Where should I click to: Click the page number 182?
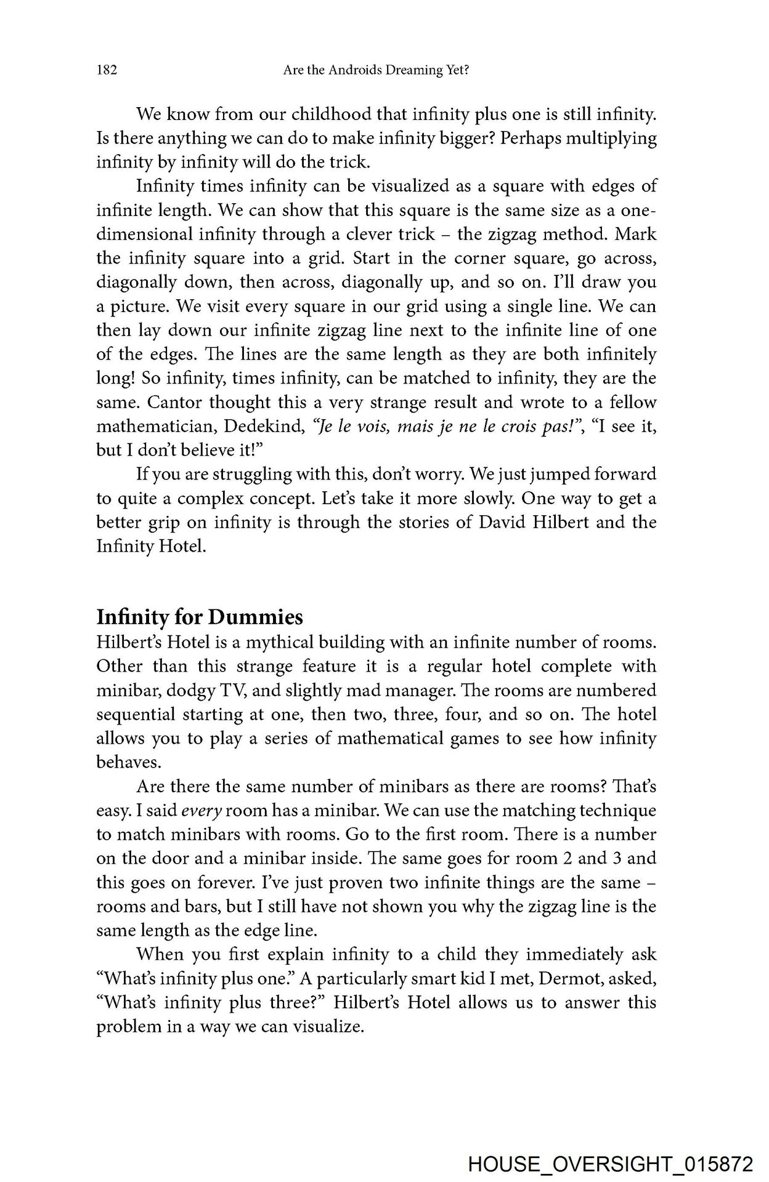[x=107, y=71]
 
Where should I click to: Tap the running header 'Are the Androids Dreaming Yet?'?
[x=376, y=71]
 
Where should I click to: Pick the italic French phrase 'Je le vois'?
[x=349, y=426]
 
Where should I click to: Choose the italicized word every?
[x=201, y=811]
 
